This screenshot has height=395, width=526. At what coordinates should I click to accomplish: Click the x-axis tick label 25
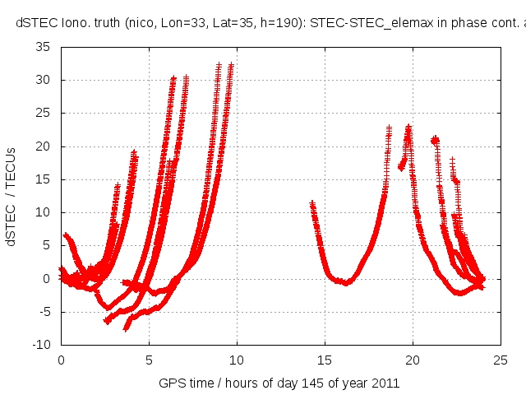pos(501,360)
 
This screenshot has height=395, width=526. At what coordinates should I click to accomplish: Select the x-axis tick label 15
pos(325,360)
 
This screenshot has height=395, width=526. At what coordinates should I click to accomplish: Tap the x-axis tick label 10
pos(237,360)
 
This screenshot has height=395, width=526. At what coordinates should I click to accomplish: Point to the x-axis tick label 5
pos(149,360)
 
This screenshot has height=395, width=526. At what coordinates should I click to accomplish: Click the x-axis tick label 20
pos(413,360)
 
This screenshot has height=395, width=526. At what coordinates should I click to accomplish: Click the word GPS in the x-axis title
pos(170,383)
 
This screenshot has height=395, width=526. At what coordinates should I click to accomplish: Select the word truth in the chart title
pos(104,22)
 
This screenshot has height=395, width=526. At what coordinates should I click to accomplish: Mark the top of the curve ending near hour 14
pos(311,202)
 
